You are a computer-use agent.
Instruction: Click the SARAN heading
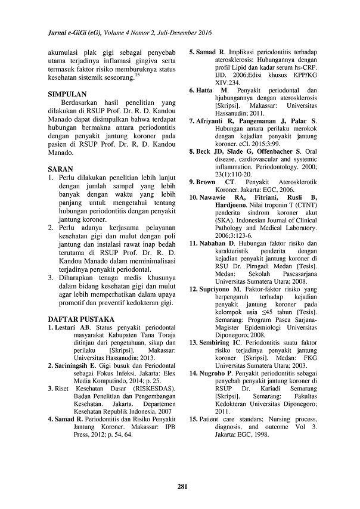tap(60, 169)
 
